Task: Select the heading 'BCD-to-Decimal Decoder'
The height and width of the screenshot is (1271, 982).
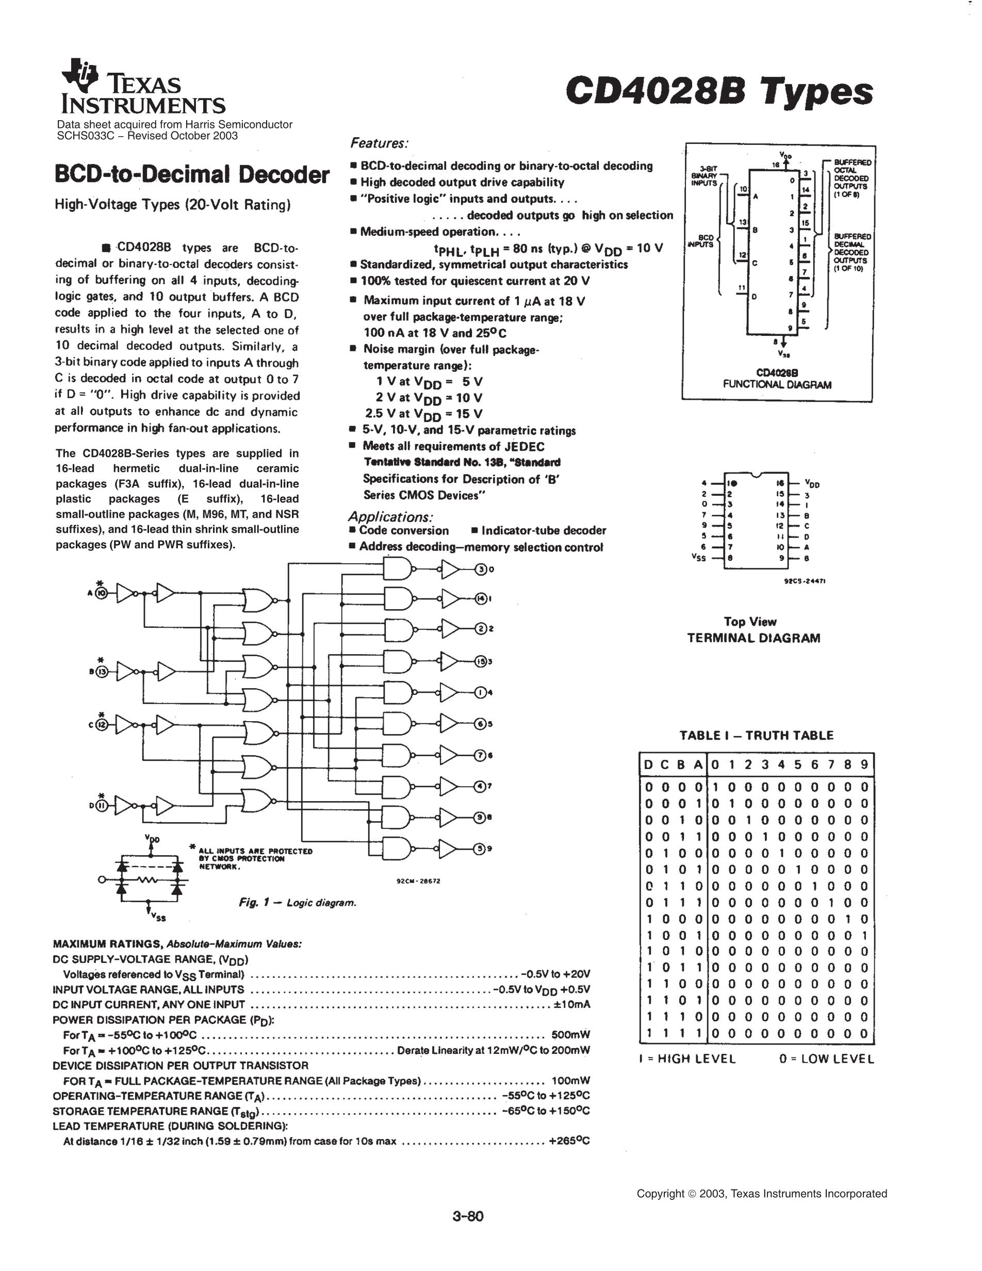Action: tap(192, 174)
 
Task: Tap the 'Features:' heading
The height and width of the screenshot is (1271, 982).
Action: tap(379, 143)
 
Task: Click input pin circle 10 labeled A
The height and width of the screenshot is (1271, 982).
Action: tap(101, 593)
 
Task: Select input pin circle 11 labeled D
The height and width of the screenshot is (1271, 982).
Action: tap(101, 806)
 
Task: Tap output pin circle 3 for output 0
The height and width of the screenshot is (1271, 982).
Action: tap(481, 570)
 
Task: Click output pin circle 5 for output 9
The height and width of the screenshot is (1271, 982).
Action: tap(481, 849)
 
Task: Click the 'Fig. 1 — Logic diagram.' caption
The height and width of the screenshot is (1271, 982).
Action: tap(297, 903)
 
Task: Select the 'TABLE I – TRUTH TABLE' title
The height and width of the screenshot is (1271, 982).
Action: tap(756, 736)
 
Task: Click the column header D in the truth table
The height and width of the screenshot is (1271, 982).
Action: tap(649, 764)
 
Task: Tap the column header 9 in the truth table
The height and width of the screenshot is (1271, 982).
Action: tap(864, 764)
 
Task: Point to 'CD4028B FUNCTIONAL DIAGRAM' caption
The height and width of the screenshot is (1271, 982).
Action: tap(777, 378)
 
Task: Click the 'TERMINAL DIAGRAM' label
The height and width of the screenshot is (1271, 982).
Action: tap(754, 638)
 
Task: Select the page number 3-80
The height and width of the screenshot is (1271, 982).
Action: tap(468, 1216)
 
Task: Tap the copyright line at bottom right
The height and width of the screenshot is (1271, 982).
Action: tap(762, 1194)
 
